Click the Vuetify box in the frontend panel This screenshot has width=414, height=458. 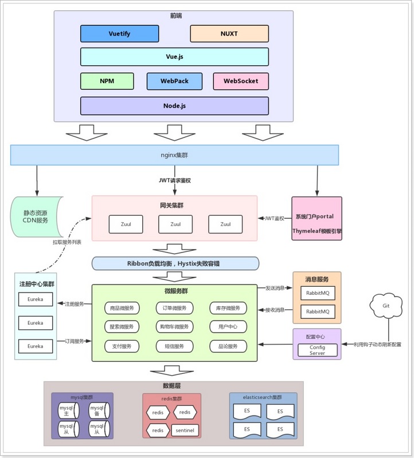(119, 34)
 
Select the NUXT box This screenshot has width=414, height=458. (229, 34)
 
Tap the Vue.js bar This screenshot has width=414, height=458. (174, 57)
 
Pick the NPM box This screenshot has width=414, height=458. (107, 81)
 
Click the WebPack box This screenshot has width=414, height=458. (174, 81)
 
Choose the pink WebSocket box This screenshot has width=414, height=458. (240, 81)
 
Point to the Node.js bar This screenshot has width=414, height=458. (174, 106)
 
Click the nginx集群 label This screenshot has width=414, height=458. (174, 155)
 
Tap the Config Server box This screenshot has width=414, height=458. (317, 350)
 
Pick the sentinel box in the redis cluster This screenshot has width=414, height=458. (185, 430)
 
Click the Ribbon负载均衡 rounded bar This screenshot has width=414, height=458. (175, 263)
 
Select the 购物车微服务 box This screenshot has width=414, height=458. (175, 327)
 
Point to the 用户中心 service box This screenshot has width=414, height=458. (228, 327)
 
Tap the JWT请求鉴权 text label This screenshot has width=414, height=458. (175, 180)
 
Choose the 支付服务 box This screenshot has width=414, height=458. (122, 346)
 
